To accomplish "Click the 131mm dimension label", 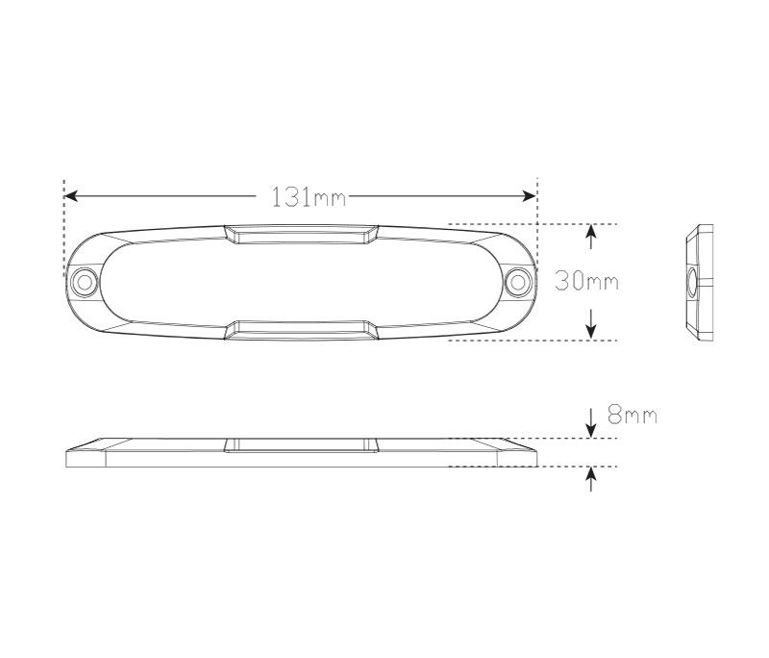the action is (x=309, y=197).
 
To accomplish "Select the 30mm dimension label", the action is (x=586, y=282).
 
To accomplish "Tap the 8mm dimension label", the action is (x=633, y=415).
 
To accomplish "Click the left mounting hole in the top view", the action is (x=84, y=283).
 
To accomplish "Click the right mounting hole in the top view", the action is (x=517, y=283).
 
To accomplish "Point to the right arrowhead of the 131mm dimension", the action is (x=530, y=196).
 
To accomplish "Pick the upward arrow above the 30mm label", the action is (x=591, y=237).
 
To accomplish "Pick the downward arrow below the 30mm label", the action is (x=591, y=324).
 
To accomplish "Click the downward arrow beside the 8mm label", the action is (x=591, y=422).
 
